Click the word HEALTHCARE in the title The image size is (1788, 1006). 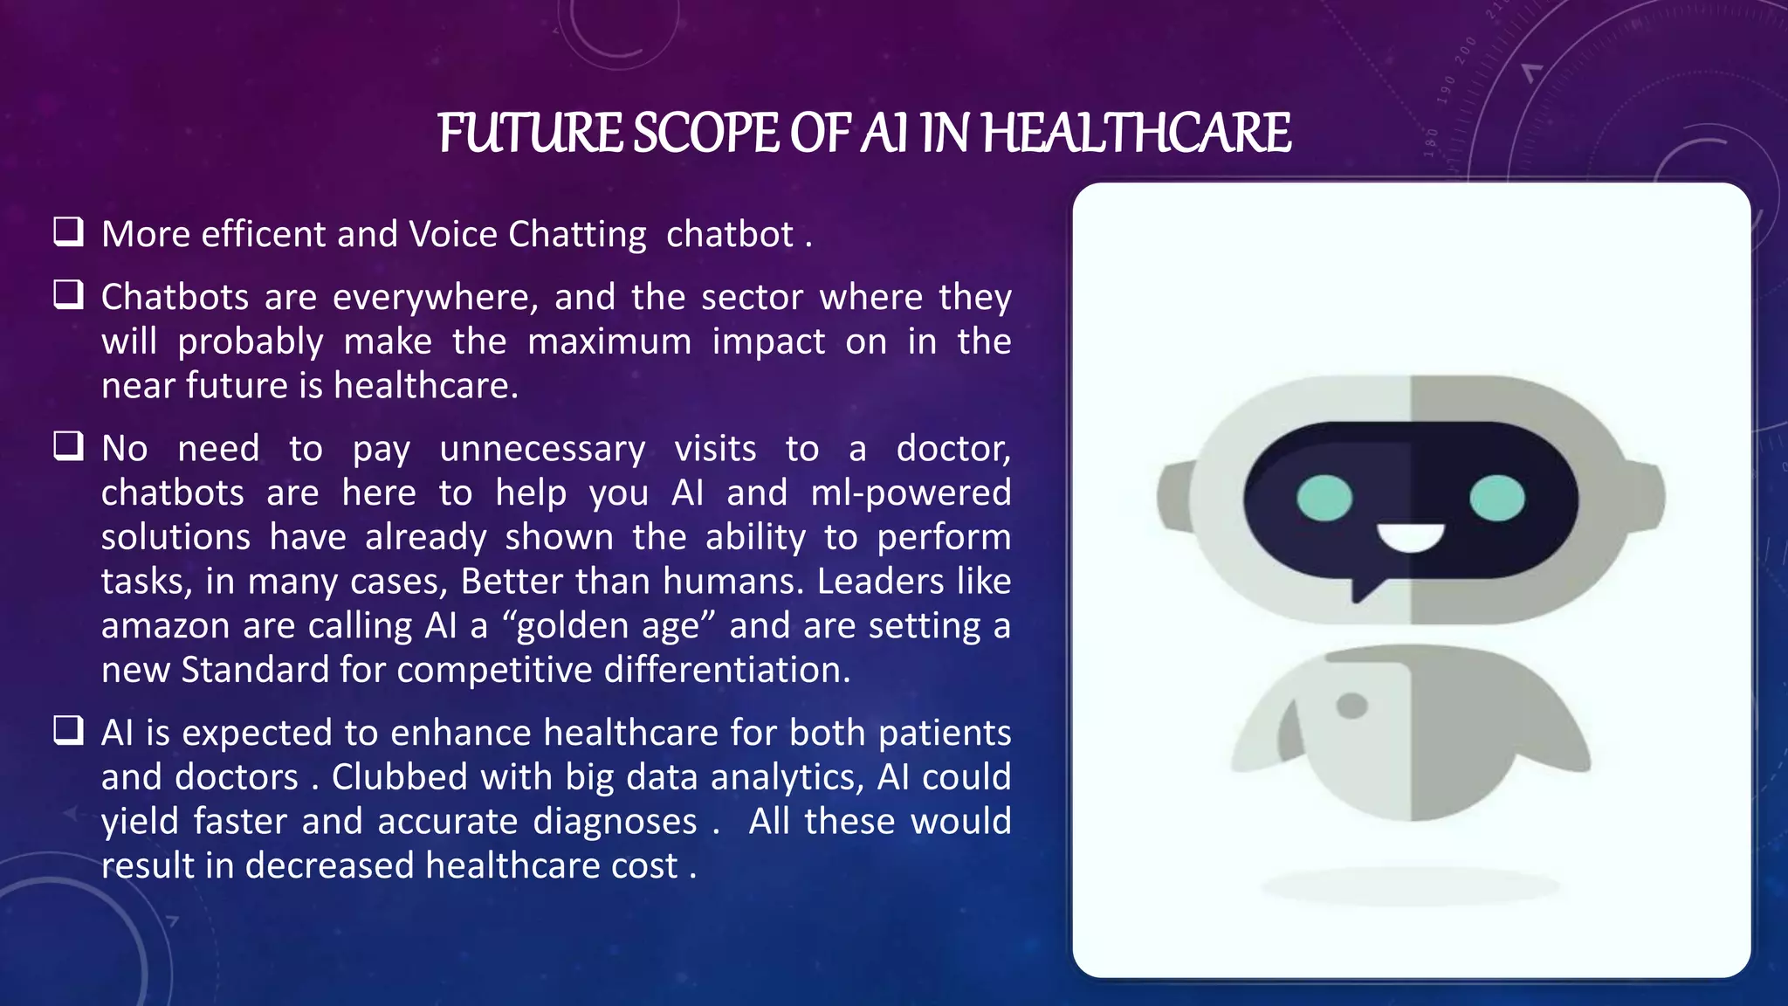click(1136, 134)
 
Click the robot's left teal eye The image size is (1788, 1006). click(1324, 499)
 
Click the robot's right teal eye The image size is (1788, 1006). click(1496, 499)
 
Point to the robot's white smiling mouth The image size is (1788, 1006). click(1411, 538)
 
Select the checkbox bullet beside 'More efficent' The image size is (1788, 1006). click(68, 231)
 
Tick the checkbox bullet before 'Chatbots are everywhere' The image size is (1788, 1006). click(68, 295)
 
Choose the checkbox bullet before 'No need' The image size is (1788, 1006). click(68, 446)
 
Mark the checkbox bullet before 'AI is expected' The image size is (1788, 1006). click(68, 730)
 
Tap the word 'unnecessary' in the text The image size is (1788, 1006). click(542, 450)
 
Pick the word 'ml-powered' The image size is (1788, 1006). click(911, 493)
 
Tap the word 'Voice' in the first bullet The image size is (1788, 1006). click(454, 234)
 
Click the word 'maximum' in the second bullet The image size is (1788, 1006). click(609, 341)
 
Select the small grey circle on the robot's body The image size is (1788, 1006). click(1351, 705)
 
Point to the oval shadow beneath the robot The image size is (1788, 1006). click(1410, 887)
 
